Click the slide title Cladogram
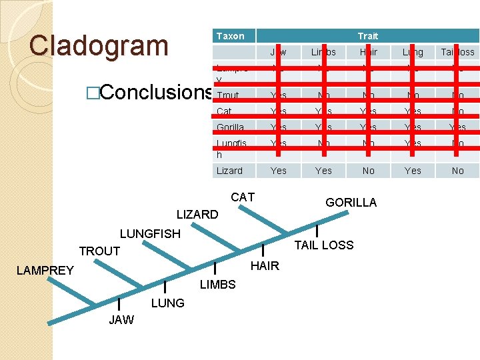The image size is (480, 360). click(x=99, y=45)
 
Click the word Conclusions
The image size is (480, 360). click(x=153, y=93)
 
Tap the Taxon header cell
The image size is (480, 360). click(x=231, y=36)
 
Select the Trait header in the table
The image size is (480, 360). click(x=367, y=36)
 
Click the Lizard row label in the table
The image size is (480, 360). click(x=230, y=171)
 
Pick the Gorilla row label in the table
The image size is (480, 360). click(x=231, y=127)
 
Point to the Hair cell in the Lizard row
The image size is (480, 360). click(x=368, y=171)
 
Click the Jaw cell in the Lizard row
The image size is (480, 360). click(x=279, y=171)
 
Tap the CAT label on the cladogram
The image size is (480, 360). click(x=243, y=197)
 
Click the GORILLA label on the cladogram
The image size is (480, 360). click(x=351, y=203)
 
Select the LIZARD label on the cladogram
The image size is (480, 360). click(x=197, y=215)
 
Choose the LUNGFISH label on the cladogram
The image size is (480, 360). click(x=150, y=234)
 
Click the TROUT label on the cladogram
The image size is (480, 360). click(x=99, y=251)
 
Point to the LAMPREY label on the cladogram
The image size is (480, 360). click(x=45, y=271)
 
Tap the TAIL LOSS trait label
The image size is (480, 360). click(x=324, y=245)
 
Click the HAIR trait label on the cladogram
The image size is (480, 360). click(x=265, y=266)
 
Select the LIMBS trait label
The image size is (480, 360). click(x=218, y=285)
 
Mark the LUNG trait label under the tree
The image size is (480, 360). click(x=167, y=303)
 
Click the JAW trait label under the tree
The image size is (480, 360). click(x=121, y=320)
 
